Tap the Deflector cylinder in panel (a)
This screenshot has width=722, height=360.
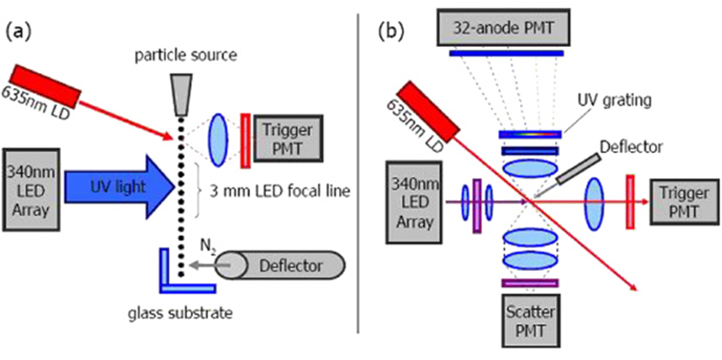pos(281,267)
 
